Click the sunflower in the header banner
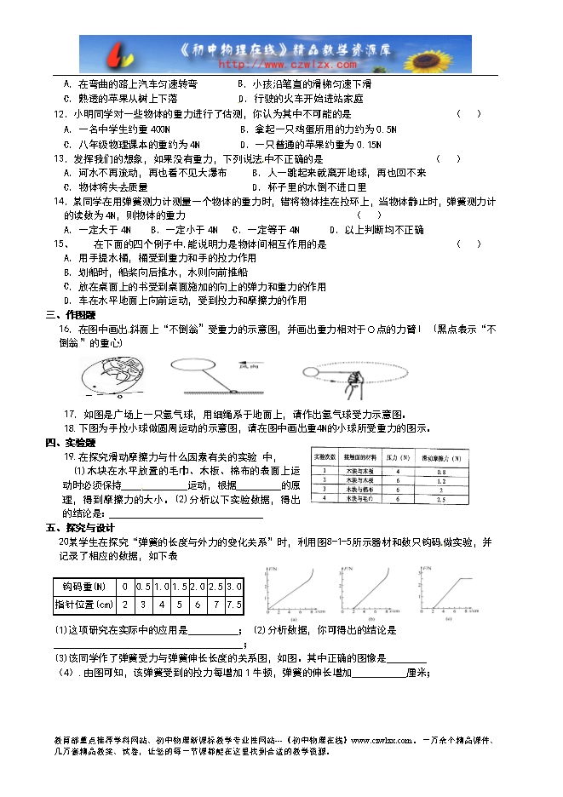445,54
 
